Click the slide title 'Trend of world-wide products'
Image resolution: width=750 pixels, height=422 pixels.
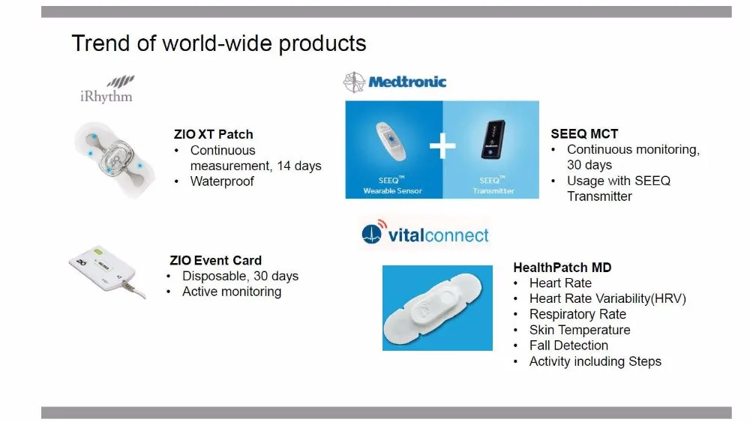219,43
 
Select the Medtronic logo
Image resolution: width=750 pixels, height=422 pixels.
394,82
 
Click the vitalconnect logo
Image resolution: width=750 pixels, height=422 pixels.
425,234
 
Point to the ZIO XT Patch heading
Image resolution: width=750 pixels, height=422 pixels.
213,134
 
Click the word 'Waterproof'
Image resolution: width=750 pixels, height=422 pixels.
222,181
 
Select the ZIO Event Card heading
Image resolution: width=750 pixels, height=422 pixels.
216,260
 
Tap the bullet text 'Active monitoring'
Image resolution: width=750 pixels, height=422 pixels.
232,292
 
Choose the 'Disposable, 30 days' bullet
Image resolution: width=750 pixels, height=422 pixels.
240,276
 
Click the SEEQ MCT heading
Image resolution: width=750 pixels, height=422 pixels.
584,134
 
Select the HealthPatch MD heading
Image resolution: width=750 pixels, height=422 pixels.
562,268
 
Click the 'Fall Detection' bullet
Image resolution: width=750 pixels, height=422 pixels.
568,346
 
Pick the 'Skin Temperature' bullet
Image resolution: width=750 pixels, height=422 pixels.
580,330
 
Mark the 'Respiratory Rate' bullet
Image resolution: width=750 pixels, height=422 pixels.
577,314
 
